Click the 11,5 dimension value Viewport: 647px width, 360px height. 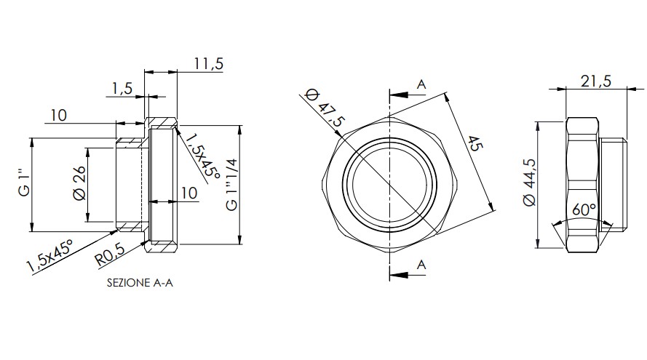point(209,64)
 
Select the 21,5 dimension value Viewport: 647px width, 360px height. point(596,81)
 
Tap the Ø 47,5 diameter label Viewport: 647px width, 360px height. point(325,108)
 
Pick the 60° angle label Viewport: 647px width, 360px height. point(584,209)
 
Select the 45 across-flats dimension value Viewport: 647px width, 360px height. point(475,144)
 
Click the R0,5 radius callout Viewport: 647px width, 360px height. point(110,255)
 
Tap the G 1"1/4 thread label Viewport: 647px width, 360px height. point(232,184)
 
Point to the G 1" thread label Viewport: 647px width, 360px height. point(25,185)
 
